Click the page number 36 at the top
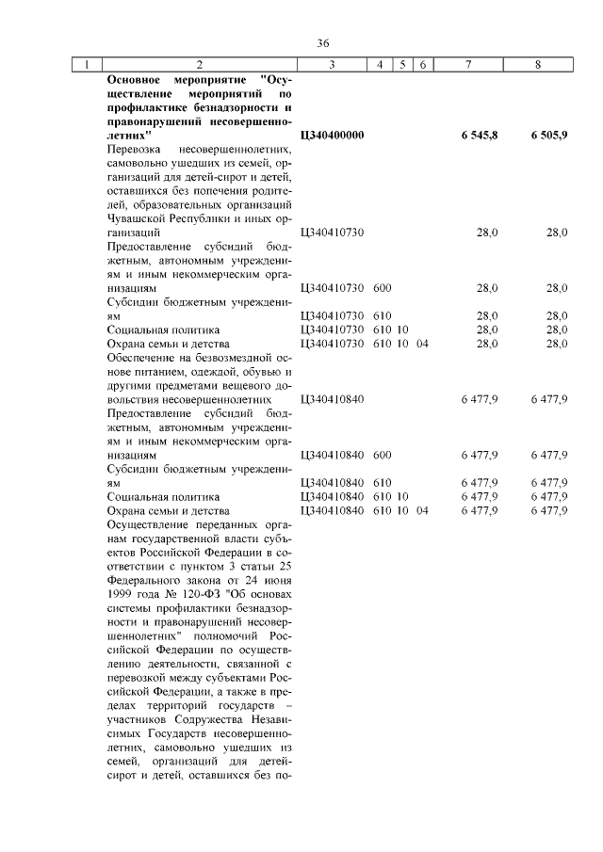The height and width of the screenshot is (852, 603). pyautogui.click(x=323, y=44)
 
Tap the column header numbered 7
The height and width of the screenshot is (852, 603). pyautogui.click(x=468, y=65)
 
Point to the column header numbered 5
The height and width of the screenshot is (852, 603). pyautogui.click(x=402, y=65)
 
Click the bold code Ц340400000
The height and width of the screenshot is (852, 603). pyautogui.click(x=332, y=136)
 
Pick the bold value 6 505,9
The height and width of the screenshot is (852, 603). pyautogui.click(x=549, y=136)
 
